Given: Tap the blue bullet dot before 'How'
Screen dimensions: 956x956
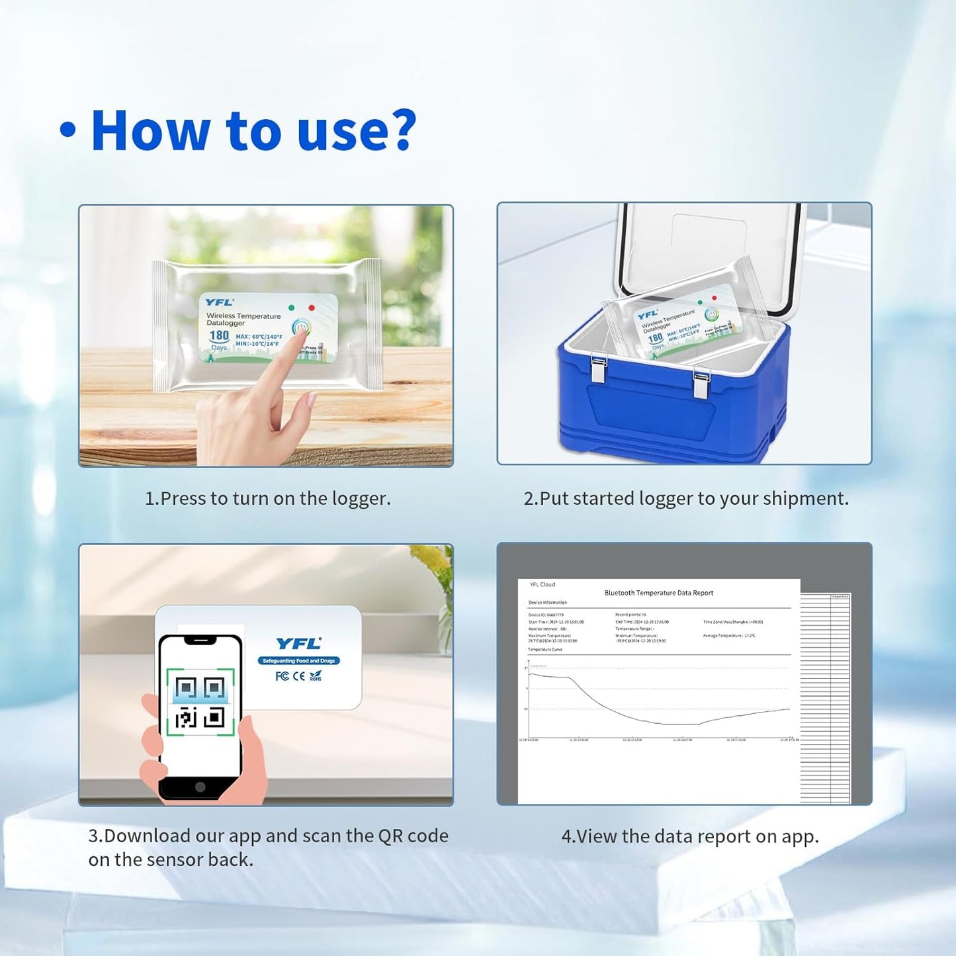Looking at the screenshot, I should pyautogui.click(x=67, y=130).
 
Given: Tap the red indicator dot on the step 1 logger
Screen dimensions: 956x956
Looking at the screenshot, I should pyautogui.click(x=312, y=308).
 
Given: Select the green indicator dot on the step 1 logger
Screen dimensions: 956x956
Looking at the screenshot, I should pyautogui.click(x=292, y=308).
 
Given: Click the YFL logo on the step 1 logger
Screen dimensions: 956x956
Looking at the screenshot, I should pyautogui.click(x=219, y=302).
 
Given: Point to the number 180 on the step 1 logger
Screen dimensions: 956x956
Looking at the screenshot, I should pyautogui.click(x=219, y=335).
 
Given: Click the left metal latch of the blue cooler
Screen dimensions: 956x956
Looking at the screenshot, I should pyautogui.click(x=599, y=370).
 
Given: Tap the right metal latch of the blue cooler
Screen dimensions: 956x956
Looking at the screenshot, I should pyautogui.click(x=701, y=384).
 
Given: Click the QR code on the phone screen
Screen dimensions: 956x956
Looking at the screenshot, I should pyautogui.click(x=200, y=702).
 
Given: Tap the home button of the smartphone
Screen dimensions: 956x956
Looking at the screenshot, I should pyautogui.click(x=200, y=787).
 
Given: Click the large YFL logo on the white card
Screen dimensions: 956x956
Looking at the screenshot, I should pyautogui.click(x=298, y=644).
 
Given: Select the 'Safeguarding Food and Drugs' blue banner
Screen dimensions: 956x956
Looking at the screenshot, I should pyautogui.click(x=298, y=660).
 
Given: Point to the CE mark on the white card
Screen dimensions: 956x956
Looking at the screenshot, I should pyautogui.click(x=299, y=676).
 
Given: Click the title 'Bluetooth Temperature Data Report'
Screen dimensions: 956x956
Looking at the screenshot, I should pyautogui.click(x=658, y=593).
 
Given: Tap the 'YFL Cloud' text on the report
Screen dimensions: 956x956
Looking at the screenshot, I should pyautogui.click(x=543, y=585).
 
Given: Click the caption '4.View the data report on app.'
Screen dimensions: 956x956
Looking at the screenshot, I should pyautogui.click(x=689, y=836).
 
